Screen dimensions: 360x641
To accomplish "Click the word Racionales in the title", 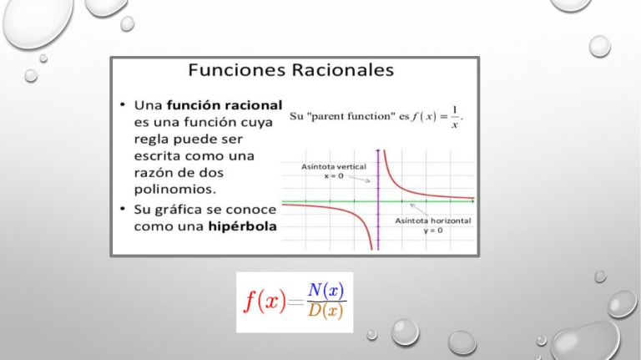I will pyautogui.click(x=343, y=71).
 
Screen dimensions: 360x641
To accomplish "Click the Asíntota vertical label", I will pyautogui.click(x=333, y=166).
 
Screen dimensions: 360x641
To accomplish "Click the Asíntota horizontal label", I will pyautogui.click(x=432, y=221).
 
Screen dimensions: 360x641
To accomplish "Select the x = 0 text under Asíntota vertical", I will pyautogui.click(x=333, y=175).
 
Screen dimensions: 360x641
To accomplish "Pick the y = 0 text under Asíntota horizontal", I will pyautogui.click(x=432, y=230).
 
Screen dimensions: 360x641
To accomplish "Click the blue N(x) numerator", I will pyautogui.click(x=326, y=290).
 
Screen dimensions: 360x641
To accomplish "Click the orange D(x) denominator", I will pyautogui.click(x=326, y=312).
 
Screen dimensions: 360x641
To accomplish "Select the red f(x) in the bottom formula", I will pyautogui.click(x=264, y=302).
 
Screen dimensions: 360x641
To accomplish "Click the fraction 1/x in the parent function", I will pyautogui.click(x=454, y=117).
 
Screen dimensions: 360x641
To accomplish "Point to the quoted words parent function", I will pyautogui.click(x=361, y=116).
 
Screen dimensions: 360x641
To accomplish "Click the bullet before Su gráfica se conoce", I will pyautogui.click(x=123, y=208).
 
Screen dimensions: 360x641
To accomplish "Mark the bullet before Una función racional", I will pyautogui.click(x=123, y=105).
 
